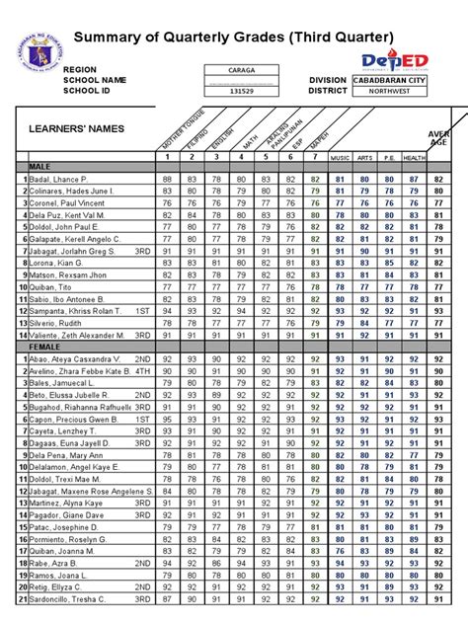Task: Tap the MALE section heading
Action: point(40,167)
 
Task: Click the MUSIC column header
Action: point(340,157)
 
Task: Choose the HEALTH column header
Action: point(415,157)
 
